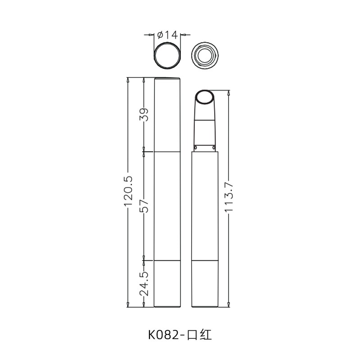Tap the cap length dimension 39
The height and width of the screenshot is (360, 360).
(144, 115)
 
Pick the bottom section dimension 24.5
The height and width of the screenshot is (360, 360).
(144, 284)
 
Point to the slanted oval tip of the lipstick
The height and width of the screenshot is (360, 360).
(205, 98)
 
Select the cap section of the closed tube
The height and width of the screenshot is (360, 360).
(167, 115)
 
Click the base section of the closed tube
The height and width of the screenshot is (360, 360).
(167, 283)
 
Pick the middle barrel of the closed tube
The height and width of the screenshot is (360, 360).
(167, 206)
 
